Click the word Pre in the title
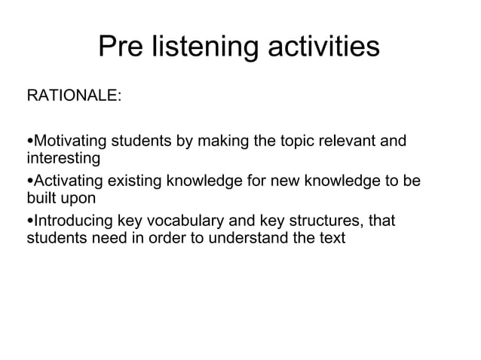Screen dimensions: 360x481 [x=123, y=47]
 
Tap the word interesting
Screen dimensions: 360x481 [x=63, y=159]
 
